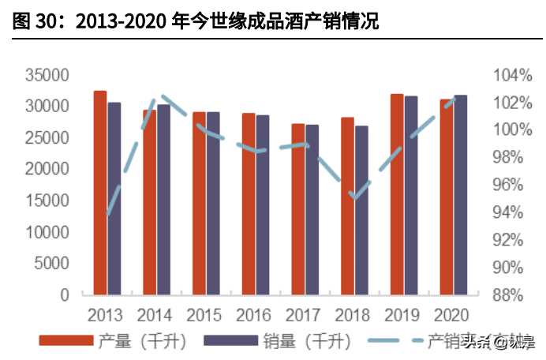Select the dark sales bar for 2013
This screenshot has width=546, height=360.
114,198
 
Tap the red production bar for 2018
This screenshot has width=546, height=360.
347,205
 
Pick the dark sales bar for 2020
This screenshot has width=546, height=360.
460,194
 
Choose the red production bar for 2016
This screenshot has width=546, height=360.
249,204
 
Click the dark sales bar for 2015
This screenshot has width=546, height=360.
213,203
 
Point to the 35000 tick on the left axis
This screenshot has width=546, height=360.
47,76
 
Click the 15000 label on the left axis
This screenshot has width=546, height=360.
47,201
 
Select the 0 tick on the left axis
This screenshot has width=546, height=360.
65,294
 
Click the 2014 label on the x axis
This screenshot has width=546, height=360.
155,315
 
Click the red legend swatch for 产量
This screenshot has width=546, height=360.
67,341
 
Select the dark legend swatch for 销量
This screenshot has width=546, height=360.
231,341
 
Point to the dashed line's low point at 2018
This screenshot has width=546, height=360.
354,197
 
